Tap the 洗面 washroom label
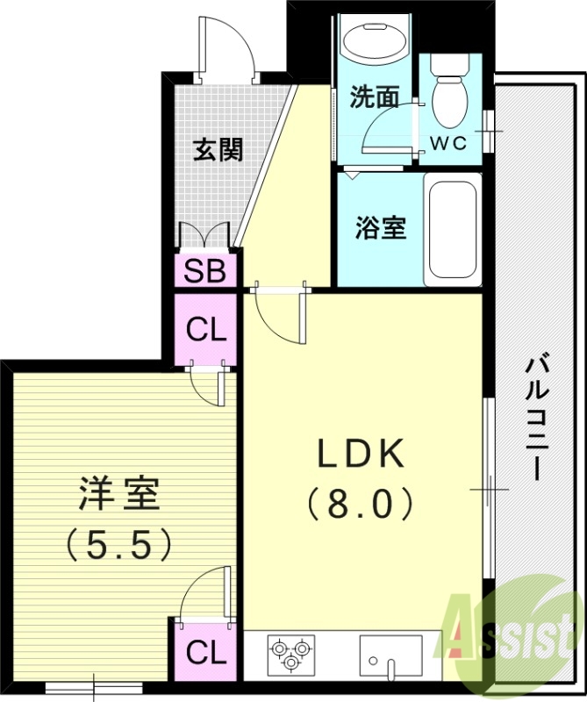(x=375, y=97)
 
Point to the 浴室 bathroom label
(x=380, y=227)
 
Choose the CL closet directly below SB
(x=209, y=332)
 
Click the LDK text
(x=360, y=455)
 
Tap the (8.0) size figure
(x=360, y=505)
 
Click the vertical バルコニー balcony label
(x=536, y=417)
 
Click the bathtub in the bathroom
(x=452, y=230)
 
